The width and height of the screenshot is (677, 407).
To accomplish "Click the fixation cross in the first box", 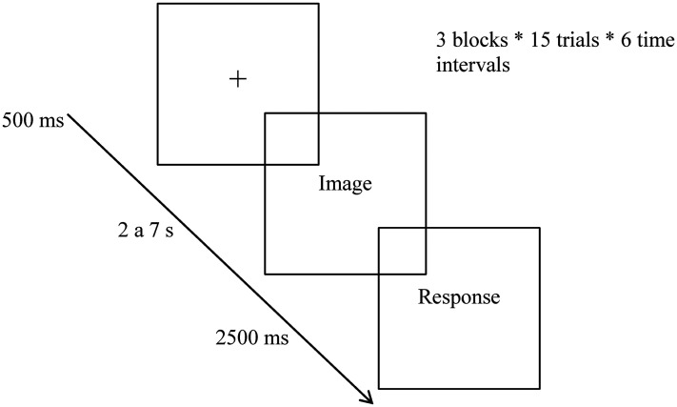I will (238, 81).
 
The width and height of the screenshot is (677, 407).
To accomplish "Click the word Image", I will (344, 184).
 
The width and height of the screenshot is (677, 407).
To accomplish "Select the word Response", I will (459, 297).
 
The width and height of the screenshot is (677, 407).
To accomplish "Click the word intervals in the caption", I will (460, 66).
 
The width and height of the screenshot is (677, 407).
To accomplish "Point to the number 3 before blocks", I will (436, 43).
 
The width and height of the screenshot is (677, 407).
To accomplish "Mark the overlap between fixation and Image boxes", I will (291, 138).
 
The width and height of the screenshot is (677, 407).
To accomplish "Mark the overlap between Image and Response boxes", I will (402, 251).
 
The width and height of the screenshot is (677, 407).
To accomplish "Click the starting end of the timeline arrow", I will (70, 116).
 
